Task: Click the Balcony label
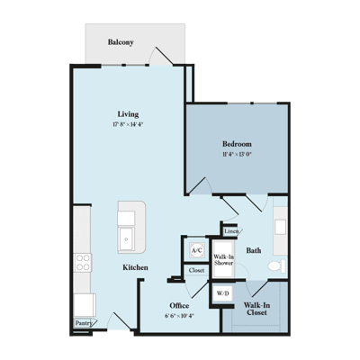(121, 42)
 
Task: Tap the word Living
(128, 114)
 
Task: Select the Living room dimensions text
(128, 124)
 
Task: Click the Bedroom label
(237, 144)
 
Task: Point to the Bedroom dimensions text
(237, 155)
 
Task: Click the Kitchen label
(135, 267)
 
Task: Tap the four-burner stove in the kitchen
(83, 262)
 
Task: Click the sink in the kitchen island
(127, 239)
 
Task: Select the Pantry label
(84, 323)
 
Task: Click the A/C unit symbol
(197, 250)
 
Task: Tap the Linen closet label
(231, 231)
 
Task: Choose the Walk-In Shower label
(223, 260)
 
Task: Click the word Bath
(254, 250)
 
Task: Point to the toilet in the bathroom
(276, 266)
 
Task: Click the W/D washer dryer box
(222, 293)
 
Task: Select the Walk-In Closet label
(256, 309)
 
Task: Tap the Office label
(179, 306)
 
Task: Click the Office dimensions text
(179, 316)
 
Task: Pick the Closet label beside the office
(197, 270)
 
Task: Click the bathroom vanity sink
(281, 227)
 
